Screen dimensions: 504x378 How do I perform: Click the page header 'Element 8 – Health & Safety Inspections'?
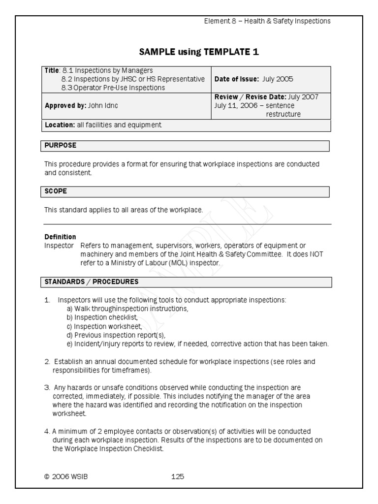(x=267, y=21)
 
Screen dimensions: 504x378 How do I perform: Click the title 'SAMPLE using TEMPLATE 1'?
(x=199, y=52)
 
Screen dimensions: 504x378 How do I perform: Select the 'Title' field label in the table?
(x=52, y=70)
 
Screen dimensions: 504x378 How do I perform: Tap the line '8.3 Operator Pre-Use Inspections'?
(x=113, y=88)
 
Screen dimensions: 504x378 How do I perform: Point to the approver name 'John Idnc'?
(x=103, y=105)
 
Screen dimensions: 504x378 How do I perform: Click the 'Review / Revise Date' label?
(x=250, y=97)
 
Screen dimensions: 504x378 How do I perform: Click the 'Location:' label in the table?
(x=60, y=125)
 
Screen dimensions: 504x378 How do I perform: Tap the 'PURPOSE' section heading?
(x=60, y=146)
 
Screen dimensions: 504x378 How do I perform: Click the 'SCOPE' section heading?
(x=56, y=190)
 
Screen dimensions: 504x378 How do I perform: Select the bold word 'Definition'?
(x=60, y=237)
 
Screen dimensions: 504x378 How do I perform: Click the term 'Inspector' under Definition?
(x=59, y=245)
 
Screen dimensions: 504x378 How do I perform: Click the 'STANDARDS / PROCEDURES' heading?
(x=92, y=282)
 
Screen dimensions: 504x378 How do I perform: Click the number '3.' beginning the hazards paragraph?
(x=47, y=387)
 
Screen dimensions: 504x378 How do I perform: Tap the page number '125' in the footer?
(x=177, y=476)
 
